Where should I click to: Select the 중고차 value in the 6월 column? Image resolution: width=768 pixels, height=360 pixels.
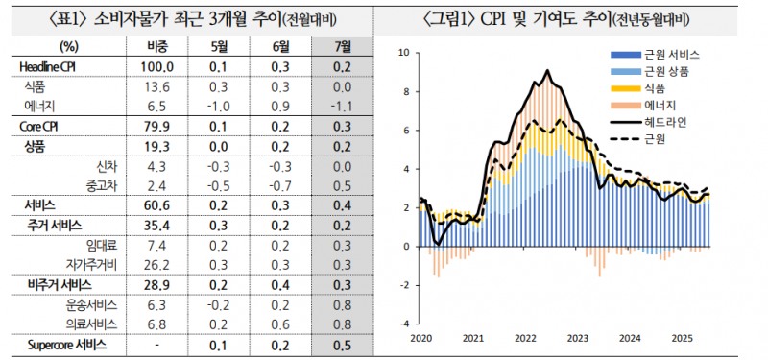tap(280, 185)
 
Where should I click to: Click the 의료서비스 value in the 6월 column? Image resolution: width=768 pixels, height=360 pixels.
tap(280, 324)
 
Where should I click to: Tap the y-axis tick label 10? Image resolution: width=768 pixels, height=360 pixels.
tap(403, 53)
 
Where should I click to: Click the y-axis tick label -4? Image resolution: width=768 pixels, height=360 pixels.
tap(404, 324)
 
